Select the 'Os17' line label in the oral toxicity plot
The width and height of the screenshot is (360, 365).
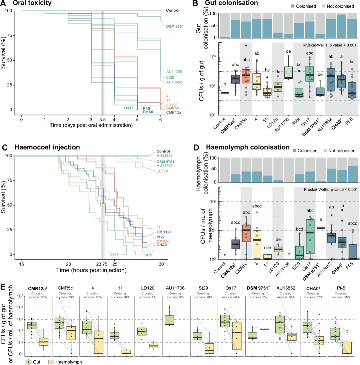point(129,108)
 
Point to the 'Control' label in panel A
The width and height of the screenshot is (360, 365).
point(173,10)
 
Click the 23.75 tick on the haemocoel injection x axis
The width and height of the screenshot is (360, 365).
point(103,263)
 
